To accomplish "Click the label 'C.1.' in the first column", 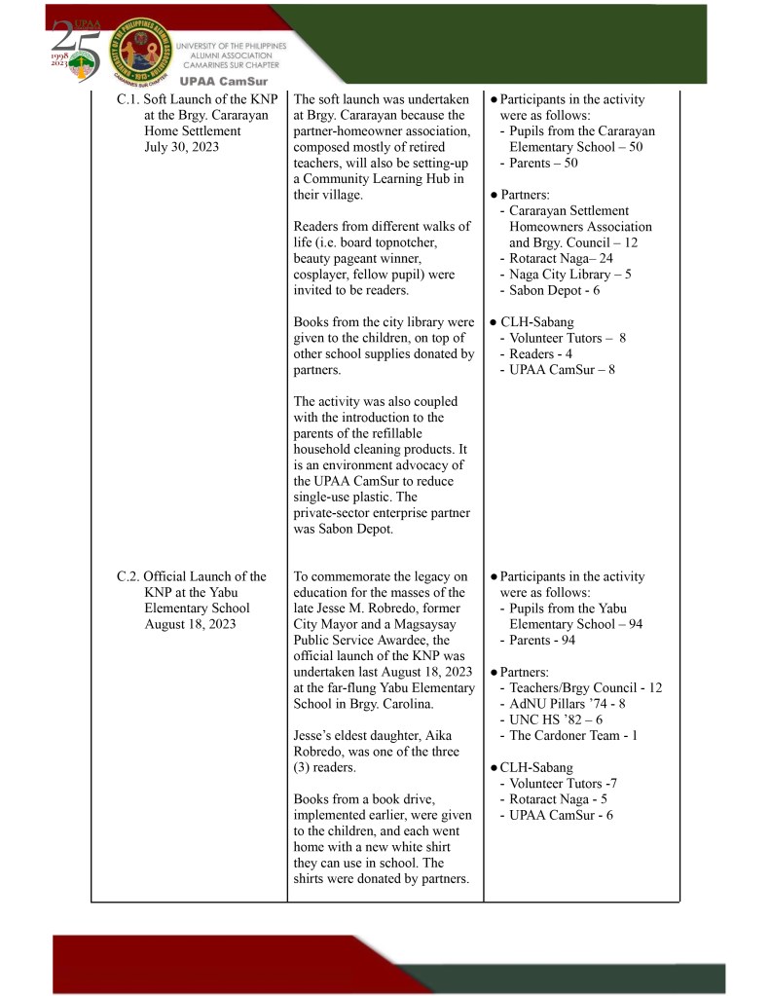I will point(128,99).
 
